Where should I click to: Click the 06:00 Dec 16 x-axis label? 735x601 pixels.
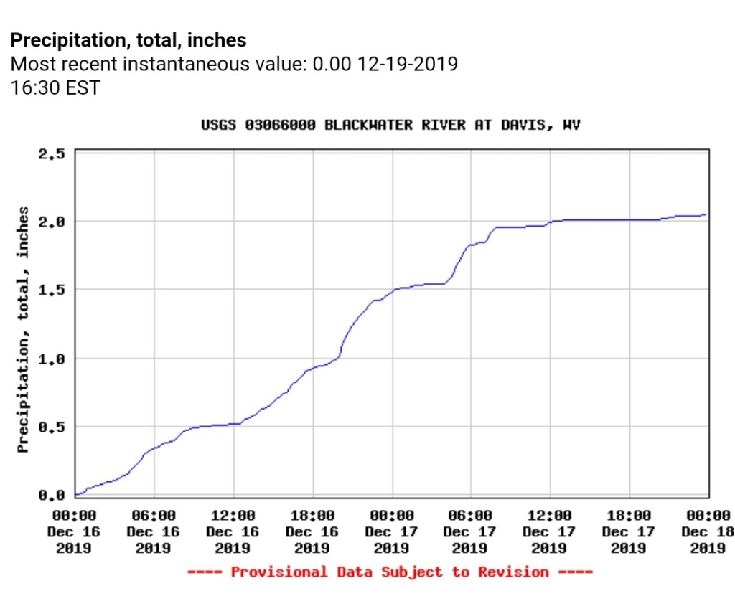[x=154, y=531]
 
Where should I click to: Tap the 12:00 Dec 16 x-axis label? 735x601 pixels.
[x=233, y=531]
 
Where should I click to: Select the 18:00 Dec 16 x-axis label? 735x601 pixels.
[x=312, y=531]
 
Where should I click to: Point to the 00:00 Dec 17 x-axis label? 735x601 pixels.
[x=392, y=531]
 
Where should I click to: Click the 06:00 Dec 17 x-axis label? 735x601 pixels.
[x=470, y=531]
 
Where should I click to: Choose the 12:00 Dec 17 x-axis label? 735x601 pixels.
[x=550, y=531]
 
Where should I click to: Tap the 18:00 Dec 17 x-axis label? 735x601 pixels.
[x=629, y=531]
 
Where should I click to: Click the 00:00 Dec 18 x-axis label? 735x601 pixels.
[x=708, y=531]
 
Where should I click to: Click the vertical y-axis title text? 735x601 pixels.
[x=24, y=330]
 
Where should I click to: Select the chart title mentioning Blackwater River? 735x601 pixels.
[x=390, y=126]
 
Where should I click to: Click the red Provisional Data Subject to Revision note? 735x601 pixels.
[x=390, y=572]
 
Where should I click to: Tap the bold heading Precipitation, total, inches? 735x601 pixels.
[x=128, y=40]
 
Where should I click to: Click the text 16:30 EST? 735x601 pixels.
[x=55, y=88]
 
